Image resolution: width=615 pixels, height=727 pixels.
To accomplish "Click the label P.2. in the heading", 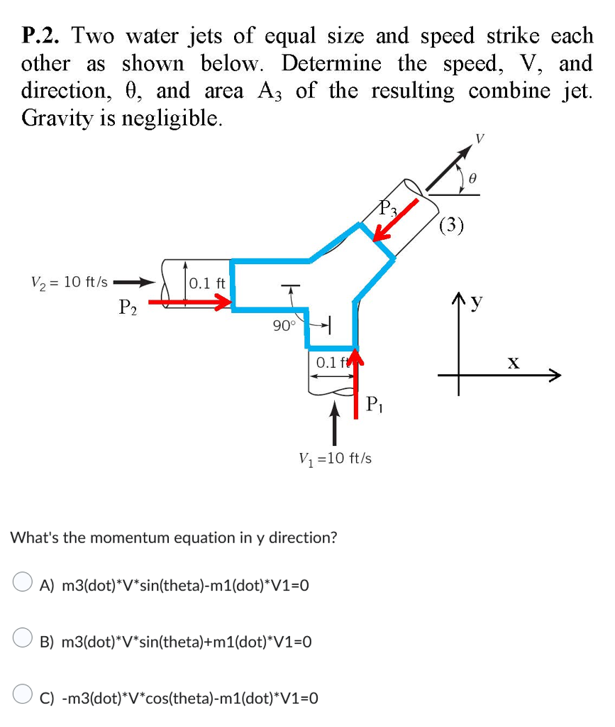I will (x=43, y=36).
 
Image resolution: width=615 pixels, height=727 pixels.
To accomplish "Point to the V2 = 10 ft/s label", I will (x=70, y=282).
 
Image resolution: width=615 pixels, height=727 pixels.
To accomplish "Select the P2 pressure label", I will (x=128, y=307).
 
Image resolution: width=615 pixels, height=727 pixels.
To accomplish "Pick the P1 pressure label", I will (x=375, y=405).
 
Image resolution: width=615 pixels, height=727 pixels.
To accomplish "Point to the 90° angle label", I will (x=284, y=326).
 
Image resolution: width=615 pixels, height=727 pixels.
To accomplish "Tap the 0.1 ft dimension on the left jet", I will (x=207, y=283).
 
